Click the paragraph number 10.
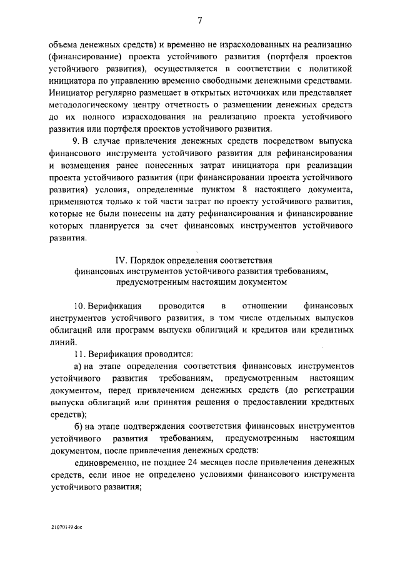pyautogui.click(x=79, y=307)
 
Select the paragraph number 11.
pyautogui.click(x=79, y=354)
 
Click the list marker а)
pyautogui.click(x=78, y=366)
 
